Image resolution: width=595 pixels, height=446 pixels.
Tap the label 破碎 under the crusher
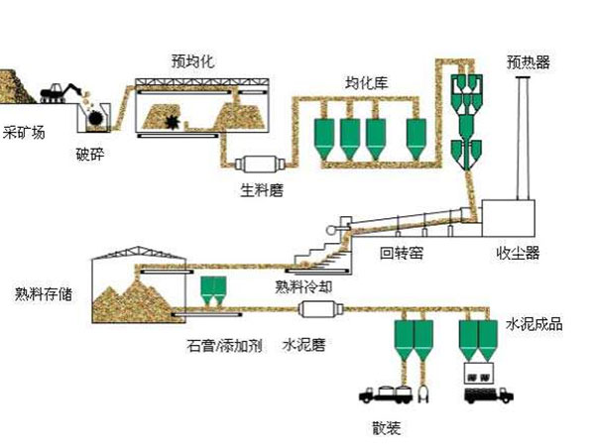coord(90,153)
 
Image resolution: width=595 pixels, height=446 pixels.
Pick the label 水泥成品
coord(535,324)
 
